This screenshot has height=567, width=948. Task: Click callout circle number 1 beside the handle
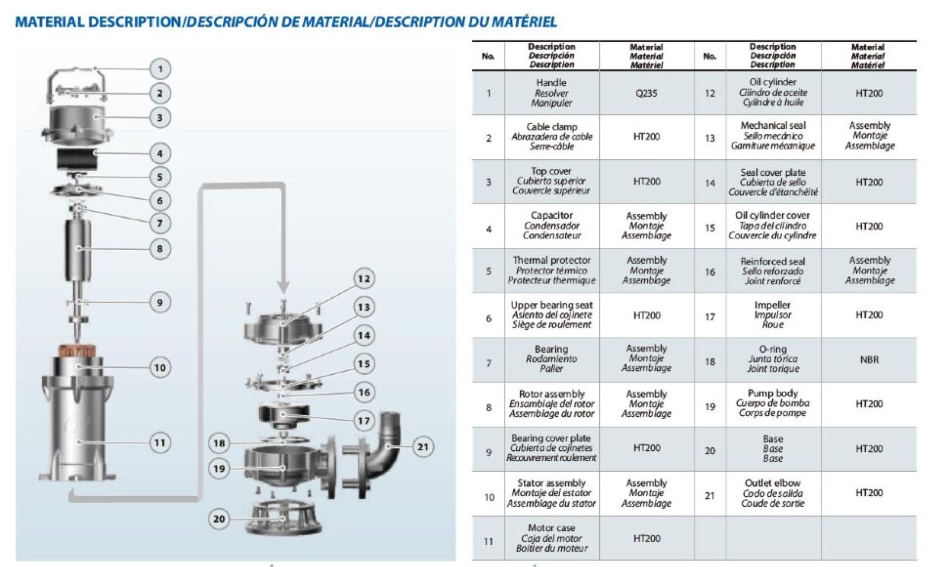160,69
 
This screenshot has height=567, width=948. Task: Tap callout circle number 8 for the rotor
160,248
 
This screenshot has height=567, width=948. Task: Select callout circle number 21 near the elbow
423,446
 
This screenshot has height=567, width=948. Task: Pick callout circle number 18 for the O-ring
219,443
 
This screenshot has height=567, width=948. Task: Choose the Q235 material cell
646,93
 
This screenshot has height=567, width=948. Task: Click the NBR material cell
869,359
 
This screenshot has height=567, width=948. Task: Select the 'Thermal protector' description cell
552,270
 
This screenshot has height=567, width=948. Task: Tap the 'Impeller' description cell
773,315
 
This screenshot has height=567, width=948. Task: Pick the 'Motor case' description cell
552,538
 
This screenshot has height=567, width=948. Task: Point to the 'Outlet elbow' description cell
773,493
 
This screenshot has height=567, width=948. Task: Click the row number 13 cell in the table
710,138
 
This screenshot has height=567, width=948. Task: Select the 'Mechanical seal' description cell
773,136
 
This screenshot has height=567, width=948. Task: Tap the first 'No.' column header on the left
488,56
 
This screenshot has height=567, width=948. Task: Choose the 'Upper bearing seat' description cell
552,315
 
